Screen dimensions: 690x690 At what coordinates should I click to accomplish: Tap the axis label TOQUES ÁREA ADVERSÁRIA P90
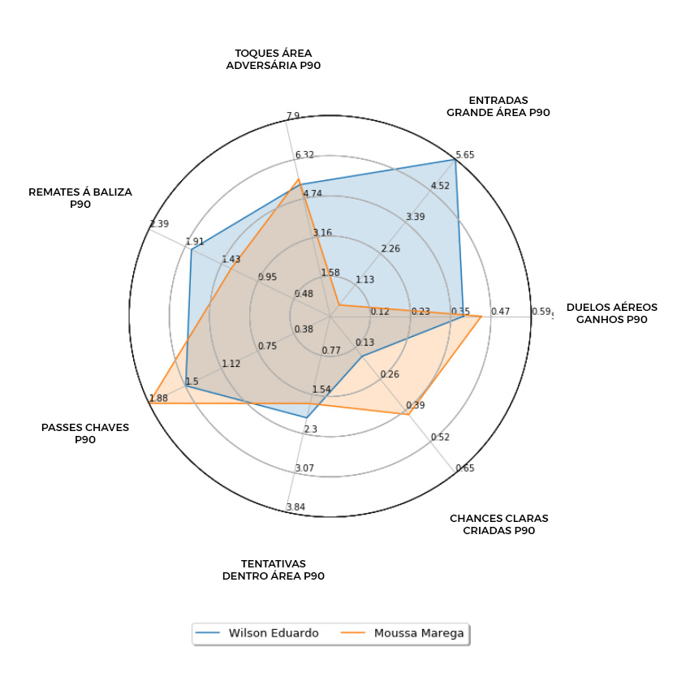click(x=273, y=59)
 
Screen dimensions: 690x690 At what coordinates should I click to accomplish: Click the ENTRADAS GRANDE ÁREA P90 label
click(x=498, y=106)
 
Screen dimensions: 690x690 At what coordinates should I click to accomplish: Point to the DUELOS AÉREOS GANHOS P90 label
click(x=611, y=313)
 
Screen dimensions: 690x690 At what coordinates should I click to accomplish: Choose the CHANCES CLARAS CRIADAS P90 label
click(x=498, y=524)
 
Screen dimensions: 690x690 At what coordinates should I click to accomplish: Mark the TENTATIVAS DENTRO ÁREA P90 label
click(x=273, y=570)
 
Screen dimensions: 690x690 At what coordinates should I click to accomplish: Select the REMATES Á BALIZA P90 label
click(x=80, y=198)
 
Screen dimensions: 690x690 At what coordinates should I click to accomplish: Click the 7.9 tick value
click(x=293, y=116)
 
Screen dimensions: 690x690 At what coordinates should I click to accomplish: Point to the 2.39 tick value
click(x=159, y=224)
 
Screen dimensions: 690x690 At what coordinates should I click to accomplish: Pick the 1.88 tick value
click(x=158, y=398)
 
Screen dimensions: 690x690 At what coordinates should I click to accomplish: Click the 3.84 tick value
click(x=295, y=508)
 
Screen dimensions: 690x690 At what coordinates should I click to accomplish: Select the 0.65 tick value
click(x=465, y=468)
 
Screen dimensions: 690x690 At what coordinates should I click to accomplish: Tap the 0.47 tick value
click(x=501, y=312)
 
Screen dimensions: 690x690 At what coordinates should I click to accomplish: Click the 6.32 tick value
click(x=304, y=155)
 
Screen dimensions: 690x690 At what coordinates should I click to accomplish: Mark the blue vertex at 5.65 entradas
click(x=455, y=160)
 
